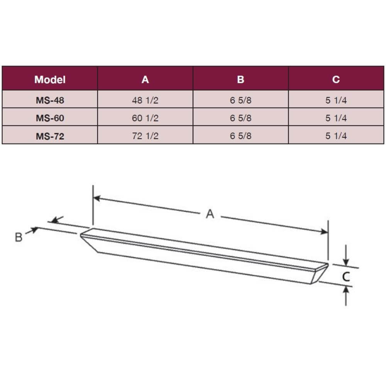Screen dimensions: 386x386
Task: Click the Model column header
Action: click(50, 80)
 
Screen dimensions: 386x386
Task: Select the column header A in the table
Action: click(145, 80)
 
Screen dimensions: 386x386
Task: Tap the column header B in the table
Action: click(240, 80)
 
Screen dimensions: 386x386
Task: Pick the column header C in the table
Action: click(336, 80)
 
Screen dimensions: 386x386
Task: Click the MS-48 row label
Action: click(50, 100)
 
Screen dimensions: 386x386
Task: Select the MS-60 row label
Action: click(50, 118)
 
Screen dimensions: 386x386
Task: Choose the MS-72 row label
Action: click(50, 136)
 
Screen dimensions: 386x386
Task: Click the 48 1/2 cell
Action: click(145, 100)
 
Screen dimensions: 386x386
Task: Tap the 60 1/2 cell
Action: click(145, 118)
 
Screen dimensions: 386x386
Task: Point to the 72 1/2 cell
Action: click(145, 136)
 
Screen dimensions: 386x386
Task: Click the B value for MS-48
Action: click(240, 100)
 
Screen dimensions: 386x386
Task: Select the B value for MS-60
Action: click(240, 118)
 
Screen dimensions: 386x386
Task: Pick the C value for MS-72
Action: click(336, 136)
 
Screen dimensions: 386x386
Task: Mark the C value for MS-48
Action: click(336, 100)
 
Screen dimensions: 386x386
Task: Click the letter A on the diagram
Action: click(210, 214)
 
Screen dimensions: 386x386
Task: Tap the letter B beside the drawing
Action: click(19, 237)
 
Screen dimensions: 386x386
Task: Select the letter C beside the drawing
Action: click(346, 276)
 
